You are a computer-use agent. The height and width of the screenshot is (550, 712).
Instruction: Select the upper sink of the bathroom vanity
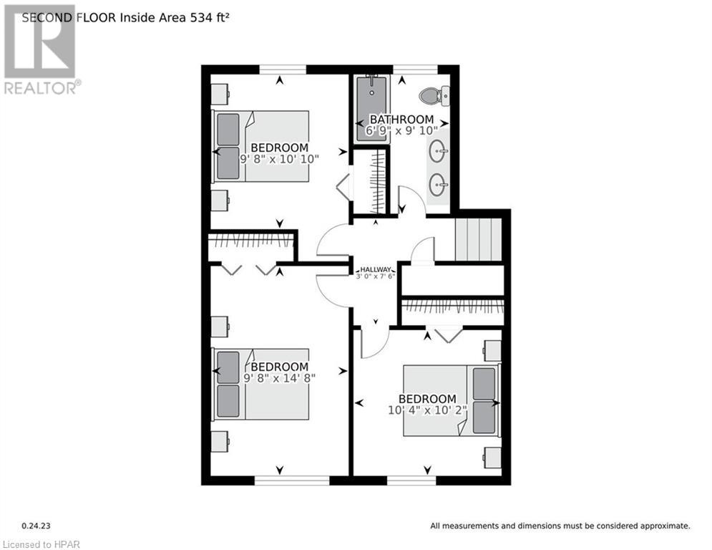pyautogui.click(x=438, y=151)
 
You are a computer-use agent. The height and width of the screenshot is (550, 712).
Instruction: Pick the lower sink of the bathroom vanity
pyautogui.click(x=438, y=185)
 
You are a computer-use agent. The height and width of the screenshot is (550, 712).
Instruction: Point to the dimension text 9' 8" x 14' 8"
pyautogui.click(x=280, y=377)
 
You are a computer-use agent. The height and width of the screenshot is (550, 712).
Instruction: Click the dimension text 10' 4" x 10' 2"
pyautogui.click(x=427, y=410)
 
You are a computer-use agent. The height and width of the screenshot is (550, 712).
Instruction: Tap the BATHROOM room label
pyautogui.click(x=401, y=119)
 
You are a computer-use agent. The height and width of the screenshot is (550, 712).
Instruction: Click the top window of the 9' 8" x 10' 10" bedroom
pyautogui.click(x=283, y=69)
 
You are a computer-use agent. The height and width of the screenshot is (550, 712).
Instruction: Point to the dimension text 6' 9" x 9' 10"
pyautogui.click(x=401, y=130)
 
